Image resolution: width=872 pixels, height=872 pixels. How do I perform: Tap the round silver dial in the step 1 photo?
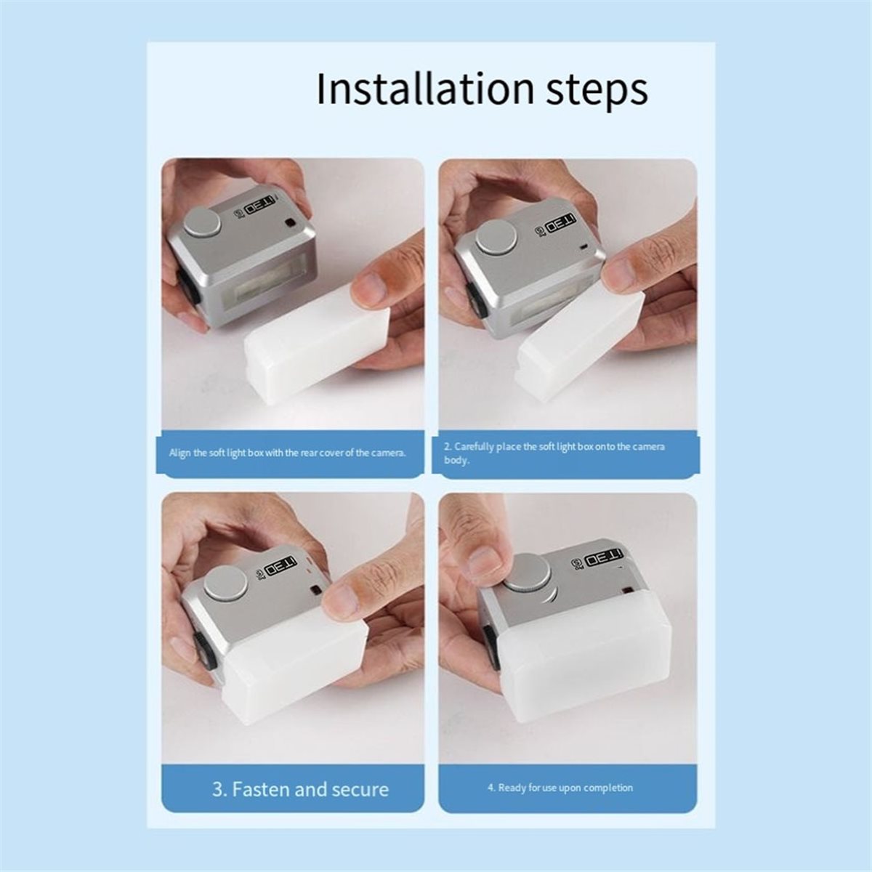(x=203, y=222)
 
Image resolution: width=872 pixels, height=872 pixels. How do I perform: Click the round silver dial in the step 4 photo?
(x=528, y=572)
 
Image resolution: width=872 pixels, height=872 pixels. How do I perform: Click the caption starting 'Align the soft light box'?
(x=287, y=453)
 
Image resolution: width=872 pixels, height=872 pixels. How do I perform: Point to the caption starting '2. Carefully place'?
(x=554, y=454)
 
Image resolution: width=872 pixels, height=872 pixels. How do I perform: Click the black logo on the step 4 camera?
(x=604, y=558)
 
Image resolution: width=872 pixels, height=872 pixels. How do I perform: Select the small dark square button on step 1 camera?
(x=290, y=223)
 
